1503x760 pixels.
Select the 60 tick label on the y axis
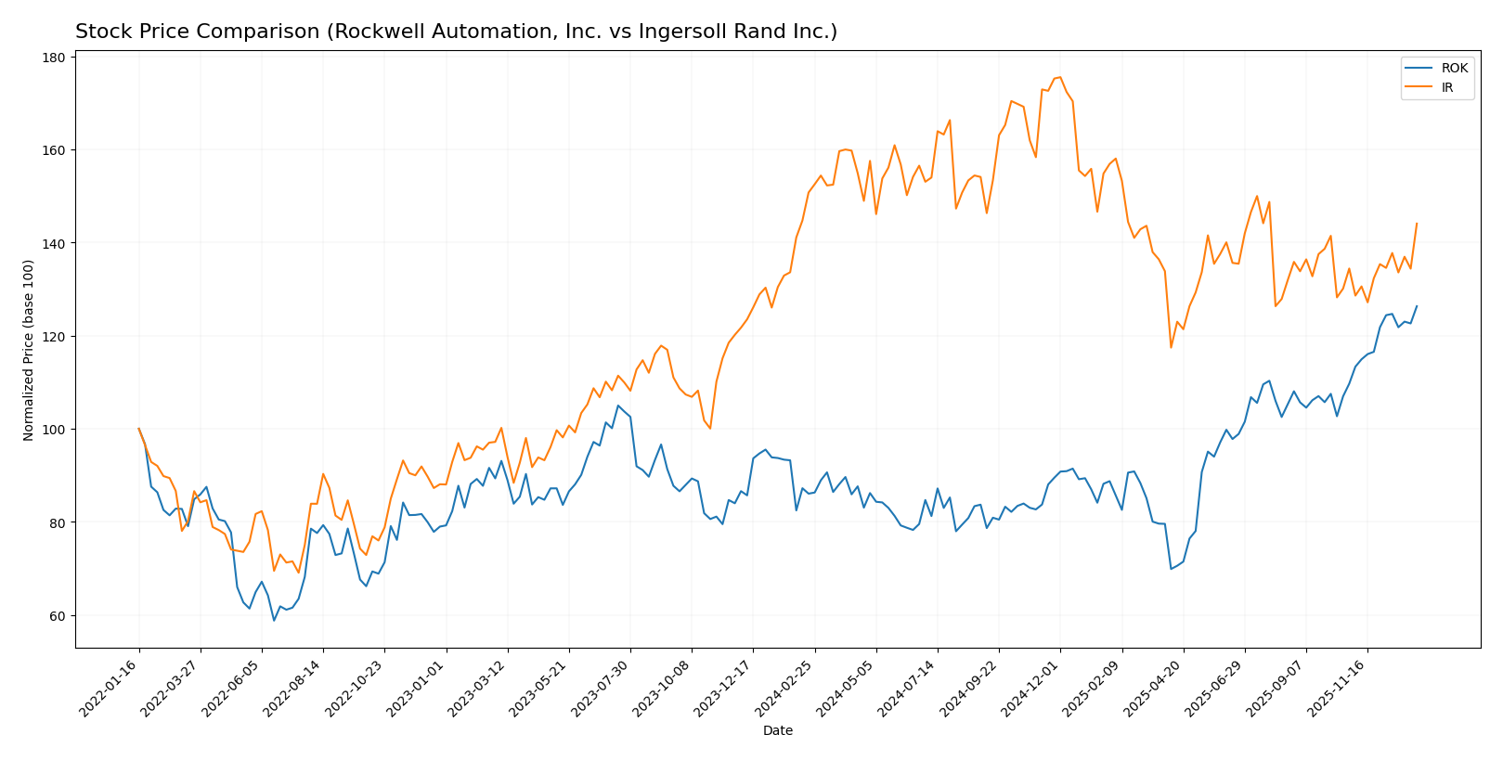click(x=58, y=616)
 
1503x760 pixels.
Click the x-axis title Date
click(x=778, y=731)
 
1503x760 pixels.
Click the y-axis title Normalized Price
click(x=29, y=350)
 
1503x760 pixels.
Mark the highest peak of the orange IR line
click(x=1060, y=77)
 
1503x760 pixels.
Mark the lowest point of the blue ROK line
click(x=274, y=620)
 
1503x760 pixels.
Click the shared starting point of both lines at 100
click(x=139, y=429)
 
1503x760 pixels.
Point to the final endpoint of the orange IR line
click(x=1417, y=223)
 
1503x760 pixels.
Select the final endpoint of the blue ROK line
click(x=1417, y=306)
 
